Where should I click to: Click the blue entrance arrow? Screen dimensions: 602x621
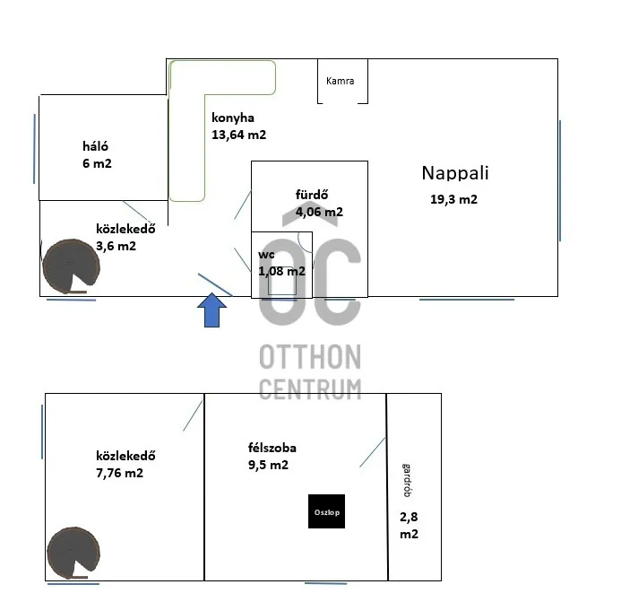[211, 310]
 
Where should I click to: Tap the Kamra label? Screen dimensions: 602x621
[340, 81]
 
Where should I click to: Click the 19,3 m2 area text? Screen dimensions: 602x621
[453, 200]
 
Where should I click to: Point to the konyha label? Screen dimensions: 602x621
[233, 118]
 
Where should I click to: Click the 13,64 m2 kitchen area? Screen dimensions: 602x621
[238, 135]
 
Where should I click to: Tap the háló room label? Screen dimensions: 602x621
[95, 146]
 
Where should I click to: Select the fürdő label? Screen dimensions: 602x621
[313, 195]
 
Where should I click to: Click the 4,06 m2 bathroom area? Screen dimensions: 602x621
[319, 213]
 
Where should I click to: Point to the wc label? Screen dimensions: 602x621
[267, 255]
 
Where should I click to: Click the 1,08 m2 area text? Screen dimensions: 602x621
[281, 271]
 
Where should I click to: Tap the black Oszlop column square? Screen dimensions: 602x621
[326, 511]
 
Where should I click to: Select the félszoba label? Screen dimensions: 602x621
[272, 447]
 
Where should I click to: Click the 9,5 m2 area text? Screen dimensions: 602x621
[268, 465]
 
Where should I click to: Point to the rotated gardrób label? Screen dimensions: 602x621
[408, 479]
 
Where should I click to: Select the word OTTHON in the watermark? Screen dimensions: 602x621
[310, 357]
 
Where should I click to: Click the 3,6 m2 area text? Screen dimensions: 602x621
[116, 246]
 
